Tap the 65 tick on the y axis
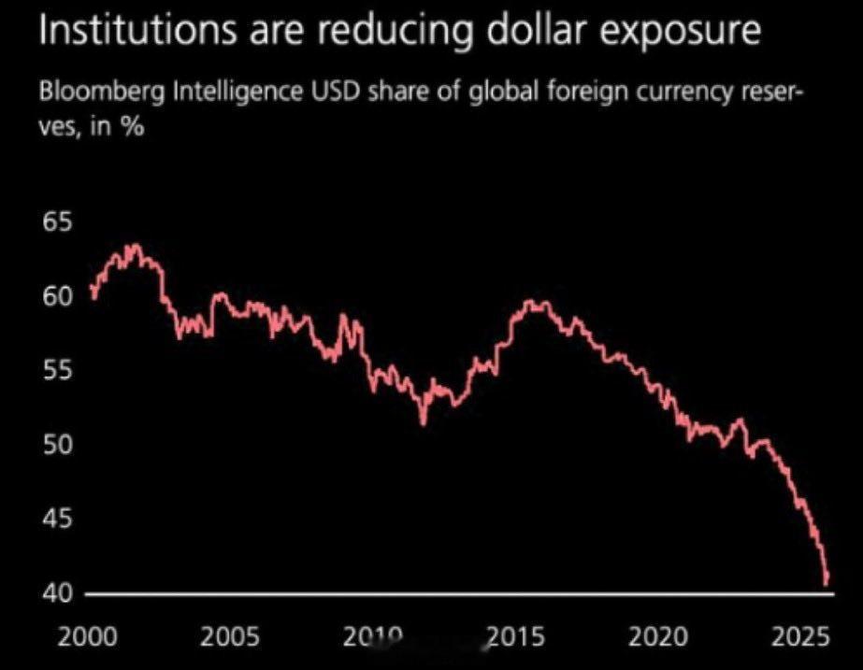click(55, 223)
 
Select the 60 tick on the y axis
click(55, 297)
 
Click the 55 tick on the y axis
click(55, 371)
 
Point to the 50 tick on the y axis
click(55, 445)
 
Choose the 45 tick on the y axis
click(55, 519)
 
